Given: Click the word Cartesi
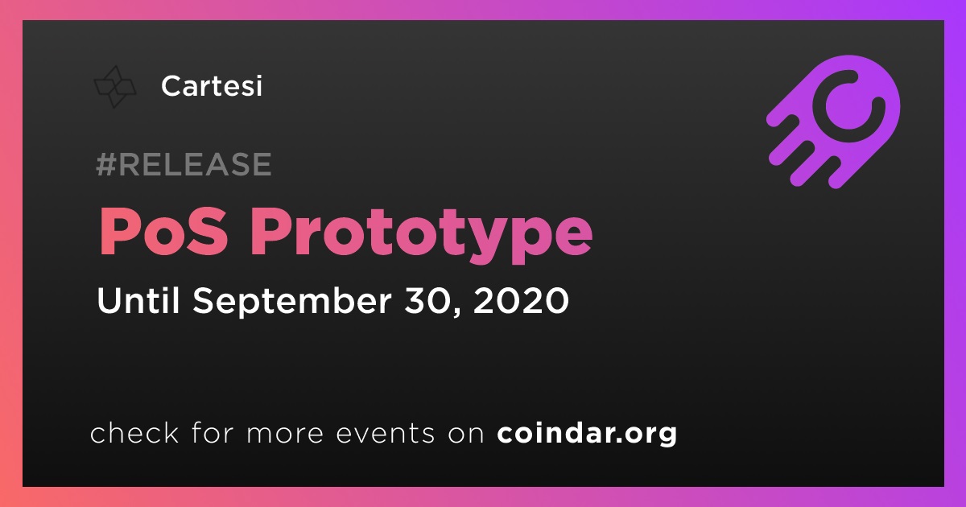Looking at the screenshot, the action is (x=211, y=86).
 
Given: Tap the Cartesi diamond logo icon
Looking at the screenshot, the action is (x=115, y=87).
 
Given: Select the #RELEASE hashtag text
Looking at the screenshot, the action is (x=184, y=164).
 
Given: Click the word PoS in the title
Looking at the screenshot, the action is (x=163, y=231).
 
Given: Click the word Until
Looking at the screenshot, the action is (x=138, y=300).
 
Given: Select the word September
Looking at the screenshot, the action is (x=292, y=303).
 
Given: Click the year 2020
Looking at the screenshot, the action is (x=521, y=300).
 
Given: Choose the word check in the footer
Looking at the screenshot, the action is (x=134, y=432).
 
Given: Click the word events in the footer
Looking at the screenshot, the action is (x=385, y=433).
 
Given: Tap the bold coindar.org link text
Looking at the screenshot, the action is (x=587, y=433).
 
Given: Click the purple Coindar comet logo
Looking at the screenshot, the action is (x=834, y=122).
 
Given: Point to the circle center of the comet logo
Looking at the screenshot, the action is (x=848, y=106).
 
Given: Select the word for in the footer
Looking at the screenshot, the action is (x=213, y=432).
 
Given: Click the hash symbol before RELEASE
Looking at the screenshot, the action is (x=105, y=164).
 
